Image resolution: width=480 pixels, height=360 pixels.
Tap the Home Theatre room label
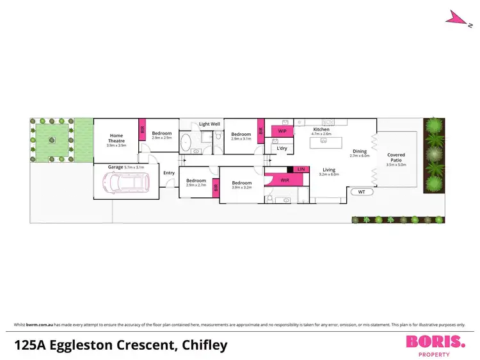click(x=116, y=138)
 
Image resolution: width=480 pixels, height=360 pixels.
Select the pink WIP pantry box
click(x=282, y=131)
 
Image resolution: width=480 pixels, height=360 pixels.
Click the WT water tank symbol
click(x=361, y=192)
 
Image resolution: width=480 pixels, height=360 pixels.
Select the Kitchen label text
click(x=321, y=129)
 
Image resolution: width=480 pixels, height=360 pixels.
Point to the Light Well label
click(x=209, y=124)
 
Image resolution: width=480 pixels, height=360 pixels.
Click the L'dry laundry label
click(x=281, y=148)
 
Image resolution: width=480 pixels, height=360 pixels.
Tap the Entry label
click(x=169, y=173)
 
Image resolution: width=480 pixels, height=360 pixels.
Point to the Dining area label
click(x=360, y=151)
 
